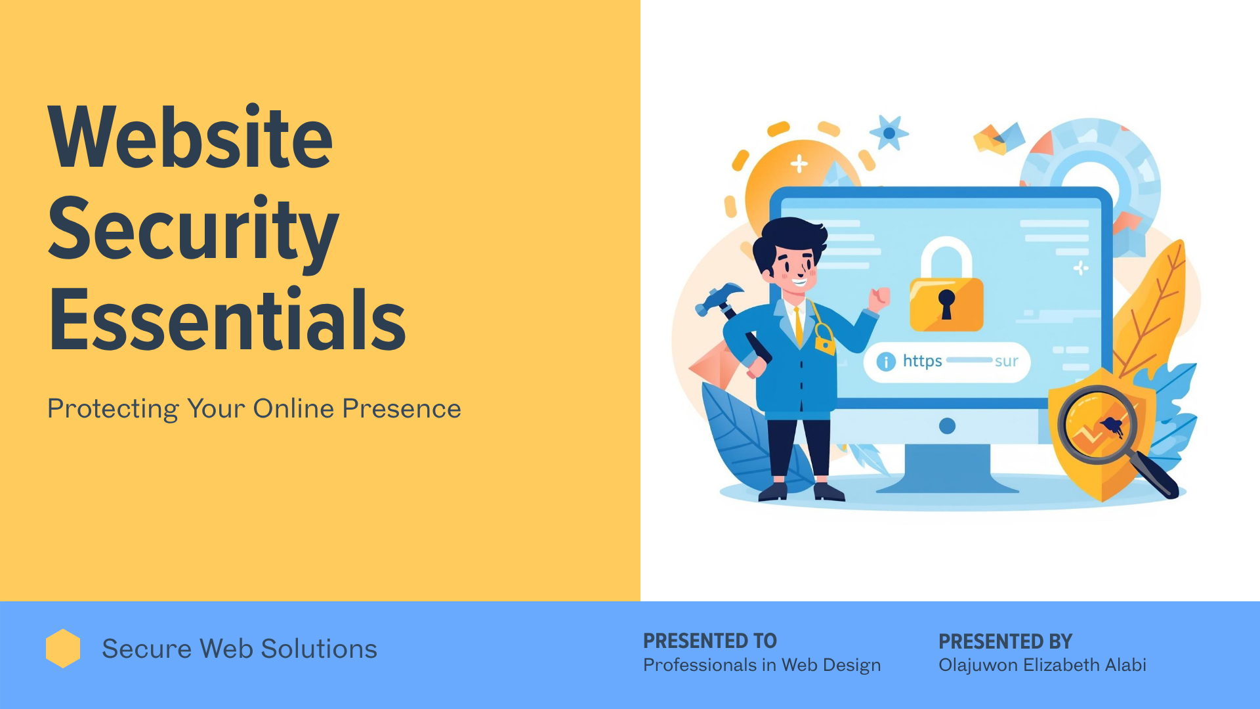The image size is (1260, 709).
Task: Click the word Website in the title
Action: coord(190,137)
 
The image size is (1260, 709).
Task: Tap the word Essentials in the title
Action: coord(227,319)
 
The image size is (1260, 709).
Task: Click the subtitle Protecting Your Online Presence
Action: coord(254,409)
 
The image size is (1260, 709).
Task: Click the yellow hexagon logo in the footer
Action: coord(63,649)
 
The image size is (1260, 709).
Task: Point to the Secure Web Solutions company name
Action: coord(240,649)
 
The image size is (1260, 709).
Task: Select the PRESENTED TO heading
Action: coord(710,641)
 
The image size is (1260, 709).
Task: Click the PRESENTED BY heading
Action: coord(1005,641)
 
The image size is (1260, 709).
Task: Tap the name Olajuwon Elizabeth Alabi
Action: coord(1042,665)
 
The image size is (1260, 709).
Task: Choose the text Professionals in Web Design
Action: coord(762,665)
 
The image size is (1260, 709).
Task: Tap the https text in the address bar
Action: coord(922,361)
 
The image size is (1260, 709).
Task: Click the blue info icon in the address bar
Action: coord(886,362)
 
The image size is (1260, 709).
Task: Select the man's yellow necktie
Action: coord(799,325)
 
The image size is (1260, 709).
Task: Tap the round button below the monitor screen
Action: coord(947,426)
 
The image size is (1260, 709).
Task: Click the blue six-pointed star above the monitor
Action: coord(889,133)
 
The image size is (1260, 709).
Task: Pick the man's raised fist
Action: coord(879,299)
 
